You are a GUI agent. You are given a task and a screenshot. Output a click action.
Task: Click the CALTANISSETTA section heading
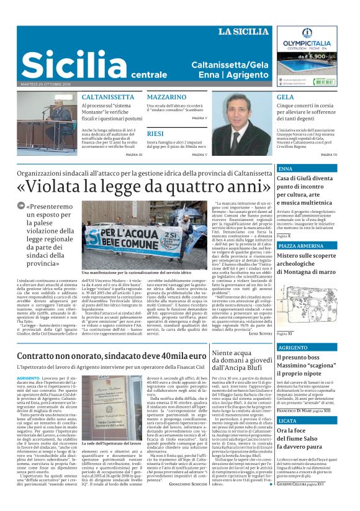point(108,97)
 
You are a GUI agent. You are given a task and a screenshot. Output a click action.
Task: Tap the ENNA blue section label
point(286,168)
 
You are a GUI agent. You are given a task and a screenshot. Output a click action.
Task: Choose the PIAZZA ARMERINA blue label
point(300,246)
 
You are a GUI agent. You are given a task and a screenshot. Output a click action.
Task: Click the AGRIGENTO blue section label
point(293,348)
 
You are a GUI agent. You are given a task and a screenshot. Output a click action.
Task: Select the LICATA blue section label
point(287,421)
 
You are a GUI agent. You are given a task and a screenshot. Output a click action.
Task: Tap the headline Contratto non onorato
point(112,355)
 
